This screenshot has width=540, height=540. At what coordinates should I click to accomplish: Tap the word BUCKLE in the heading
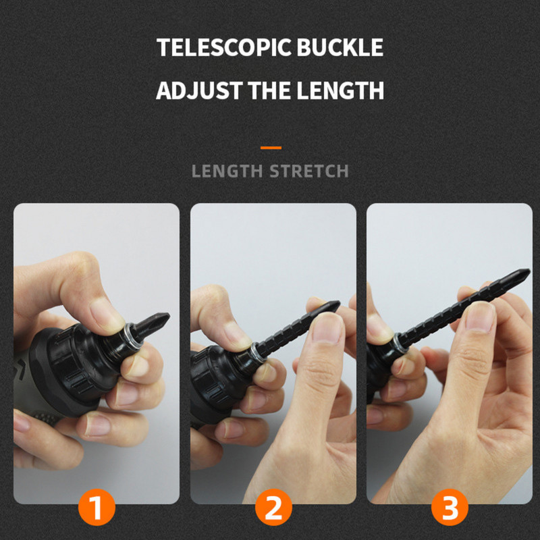tap(340, 47)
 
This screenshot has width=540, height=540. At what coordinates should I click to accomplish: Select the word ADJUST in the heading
tap(199, 90)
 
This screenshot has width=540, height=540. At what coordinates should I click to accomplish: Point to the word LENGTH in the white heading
tap(340, 90)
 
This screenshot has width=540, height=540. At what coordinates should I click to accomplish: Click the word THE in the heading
tap(269, 90)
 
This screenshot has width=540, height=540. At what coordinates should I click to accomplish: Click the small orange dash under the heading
tap(271, 148)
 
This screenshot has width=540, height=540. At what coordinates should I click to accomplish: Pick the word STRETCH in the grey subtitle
tap(309, 171)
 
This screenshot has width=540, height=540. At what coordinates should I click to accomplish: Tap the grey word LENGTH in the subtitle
tap(227, 171)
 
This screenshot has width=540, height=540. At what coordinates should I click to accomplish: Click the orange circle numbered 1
tap(97, 507)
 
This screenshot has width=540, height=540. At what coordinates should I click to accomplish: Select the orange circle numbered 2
tap(273, 507)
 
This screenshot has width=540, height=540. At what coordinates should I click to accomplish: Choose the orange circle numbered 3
tap(450, 507)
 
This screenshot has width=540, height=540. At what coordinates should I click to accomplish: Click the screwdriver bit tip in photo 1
tap(168, 315)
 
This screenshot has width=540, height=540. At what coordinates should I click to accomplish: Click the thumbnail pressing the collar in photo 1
tap(106, 316)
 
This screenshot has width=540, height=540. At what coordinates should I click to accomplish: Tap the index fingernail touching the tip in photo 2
tap(327, 328)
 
